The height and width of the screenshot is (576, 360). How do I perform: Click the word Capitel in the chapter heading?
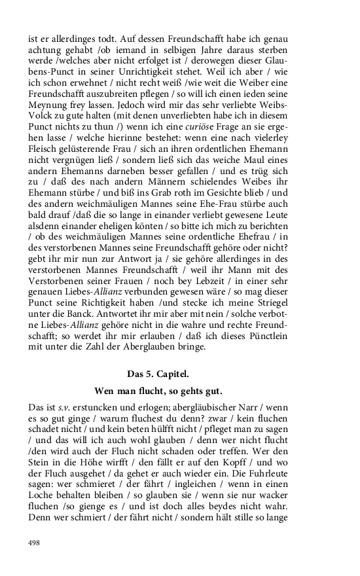(172, 374)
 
